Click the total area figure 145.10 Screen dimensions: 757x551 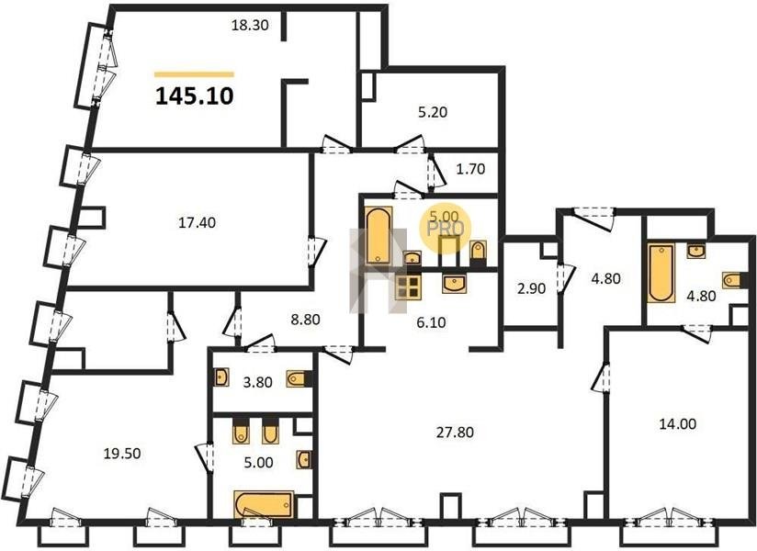[195, 96]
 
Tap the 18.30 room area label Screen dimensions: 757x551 [250, 25]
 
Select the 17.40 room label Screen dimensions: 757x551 [197, 223]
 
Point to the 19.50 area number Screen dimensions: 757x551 [122, 454]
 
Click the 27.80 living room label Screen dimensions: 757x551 [455, 433]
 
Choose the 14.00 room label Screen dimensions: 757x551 [678, 424]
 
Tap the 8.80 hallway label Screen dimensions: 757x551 [306, 320]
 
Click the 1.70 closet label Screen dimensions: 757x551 [470, 169]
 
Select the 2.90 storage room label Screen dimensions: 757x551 [531, 288]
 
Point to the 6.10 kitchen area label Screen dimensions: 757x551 [431, 322]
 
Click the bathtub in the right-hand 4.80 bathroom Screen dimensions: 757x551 [661, 274]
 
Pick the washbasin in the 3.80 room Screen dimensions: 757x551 [221, 377]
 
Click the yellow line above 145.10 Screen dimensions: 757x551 [194, 74]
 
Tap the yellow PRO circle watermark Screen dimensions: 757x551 [445, 227]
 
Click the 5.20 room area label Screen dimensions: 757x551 [433, 112]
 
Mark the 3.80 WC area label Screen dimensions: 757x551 [258, 383]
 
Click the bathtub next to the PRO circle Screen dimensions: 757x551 [379, 235]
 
